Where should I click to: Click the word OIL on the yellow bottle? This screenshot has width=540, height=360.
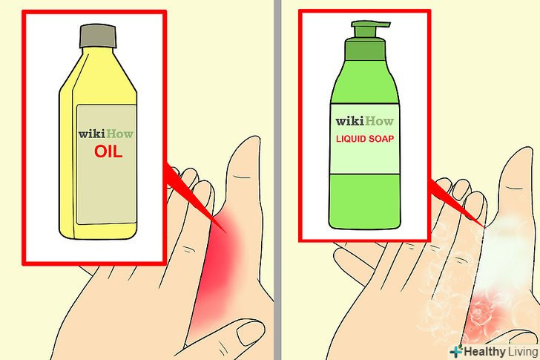[108, 151]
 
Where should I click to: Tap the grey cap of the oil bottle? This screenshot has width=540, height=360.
[98, 36]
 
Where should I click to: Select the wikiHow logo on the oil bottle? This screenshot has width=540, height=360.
[106, 134]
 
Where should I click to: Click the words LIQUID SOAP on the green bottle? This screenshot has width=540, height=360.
[365, 139]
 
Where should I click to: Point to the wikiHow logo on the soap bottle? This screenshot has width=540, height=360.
[365, 121]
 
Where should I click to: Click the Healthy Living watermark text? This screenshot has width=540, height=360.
[501, 352]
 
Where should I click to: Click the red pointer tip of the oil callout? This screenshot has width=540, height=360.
[225, 232]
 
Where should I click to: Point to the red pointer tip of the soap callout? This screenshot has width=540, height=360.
[486, 227]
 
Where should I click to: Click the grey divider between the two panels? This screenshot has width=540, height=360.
[277, 180]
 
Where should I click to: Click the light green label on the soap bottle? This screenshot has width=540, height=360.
[365, 139]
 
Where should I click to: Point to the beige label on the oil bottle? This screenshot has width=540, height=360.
[106, 165]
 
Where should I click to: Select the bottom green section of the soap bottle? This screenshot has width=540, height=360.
[365, 201]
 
